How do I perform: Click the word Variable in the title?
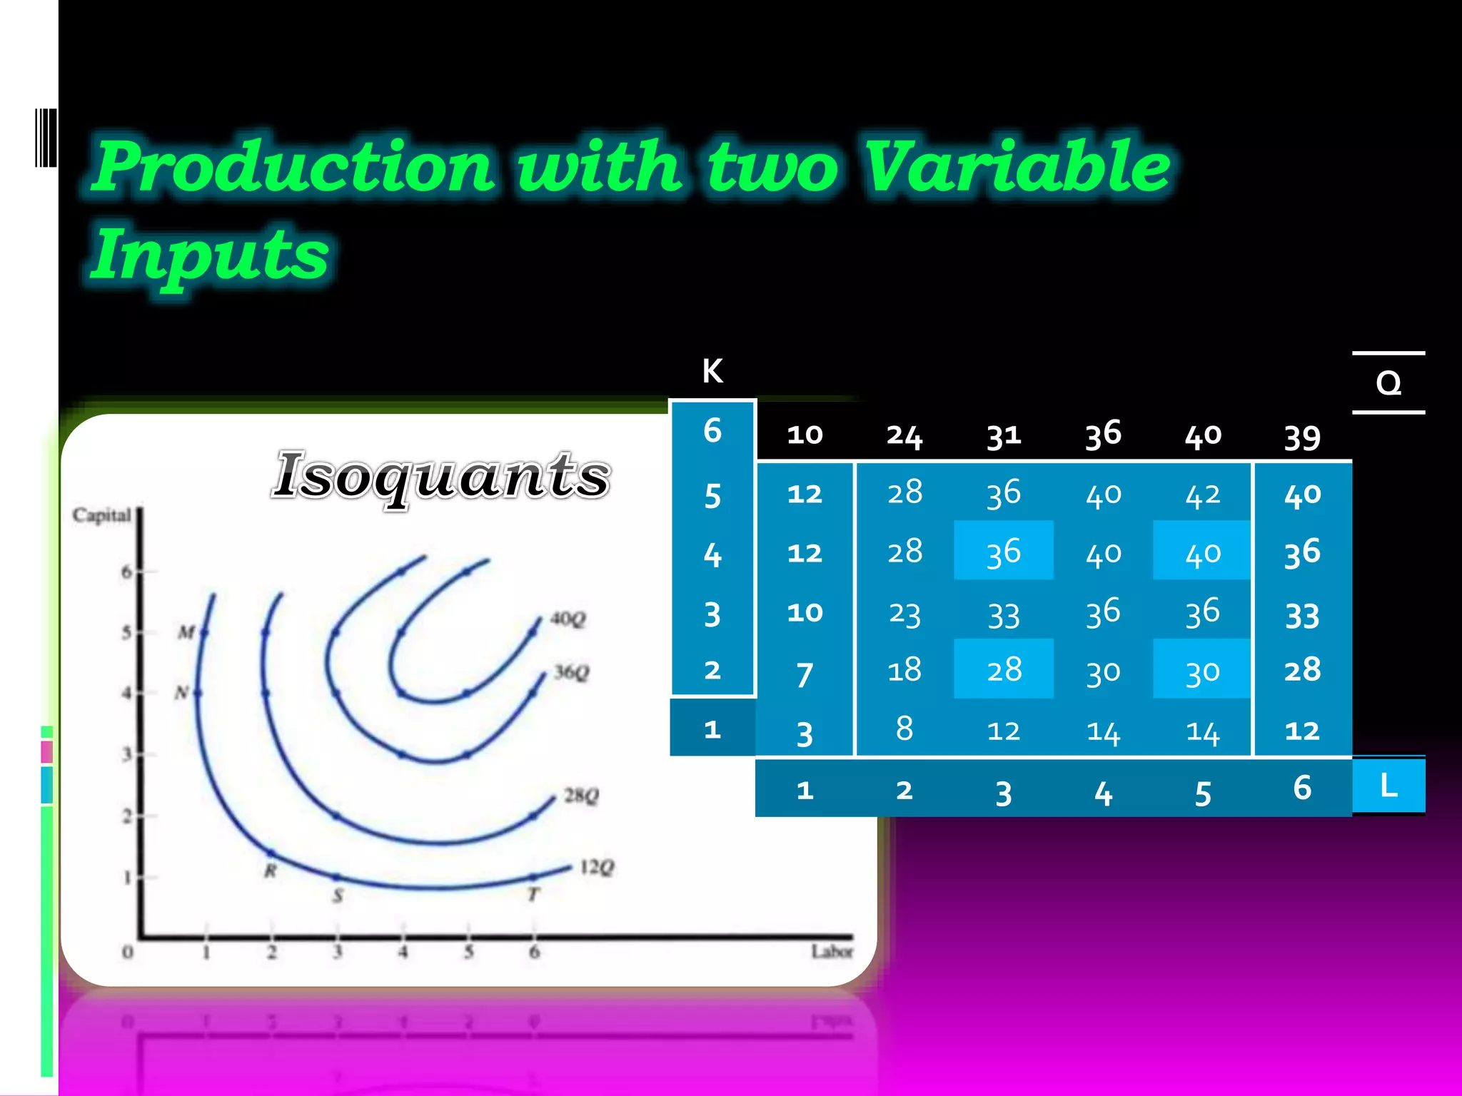tap(1017, 167)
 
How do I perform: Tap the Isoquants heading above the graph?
tap(442, 476)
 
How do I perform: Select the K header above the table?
tap(712, 371)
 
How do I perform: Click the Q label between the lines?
tap(1388, 384)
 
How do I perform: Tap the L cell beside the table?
tap(1388, 786)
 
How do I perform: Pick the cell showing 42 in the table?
tap(1202, 494)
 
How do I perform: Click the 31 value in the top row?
tap(1003, 435)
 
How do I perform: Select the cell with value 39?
tap(1301, 437)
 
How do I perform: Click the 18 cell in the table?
tap(904, 671)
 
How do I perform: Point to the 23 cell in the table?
tap(904, 614)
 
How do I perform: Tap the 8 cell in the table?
tap(904, 729)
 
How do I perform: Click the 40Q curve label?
tap(568, 619)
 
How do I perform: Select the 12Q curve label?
tap(597, 867)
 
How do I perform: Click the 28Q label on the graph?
tap(581, 795)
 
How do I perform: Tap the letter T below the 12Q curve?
tap(533, 895)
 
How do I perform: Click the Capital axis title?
tap(101, 515)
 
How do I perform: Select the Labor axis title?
tap(832, 952)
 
